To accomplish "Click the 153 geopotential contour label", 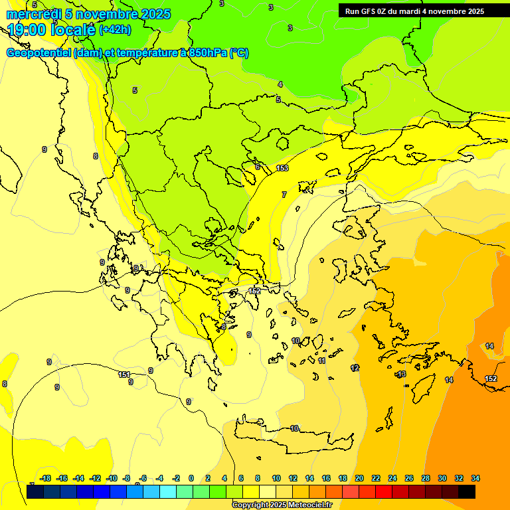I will (x=282, y=169).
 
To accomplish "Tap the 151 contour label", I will (x=124, y=375).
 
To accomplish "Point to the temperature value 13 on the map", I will (x=401, y=375).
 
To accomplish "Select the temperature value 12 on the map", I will (x=355, y=368).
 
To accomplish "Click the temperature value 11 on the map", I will (x=321, y=361).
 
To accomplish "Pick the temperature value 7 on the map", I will (x=284, y=195).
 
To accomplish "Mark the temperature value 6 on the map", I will (x=258, y=167).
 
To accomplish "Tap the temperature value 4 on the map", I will (x=280, y=84).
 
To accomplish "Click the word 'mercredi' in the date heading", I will (x=34, y=14).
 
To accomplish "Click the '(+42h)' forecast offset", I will (x=115, y=30).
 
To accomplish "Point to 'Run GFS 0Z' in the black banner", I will (x=369, y=11).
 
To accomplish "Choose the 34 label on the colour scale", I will (x=475, y=478).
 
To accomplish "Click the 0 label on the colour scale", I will (x=191, y=478).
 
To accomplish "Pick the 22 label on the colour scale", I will (x=375, y=478).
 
